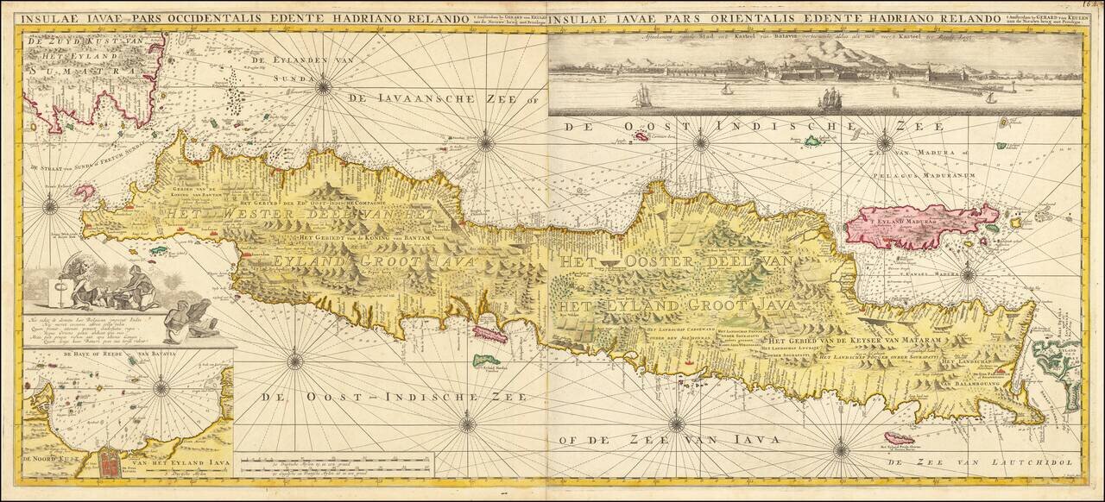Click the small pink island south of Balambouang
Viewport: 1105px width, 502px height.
tap(900, 438)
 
